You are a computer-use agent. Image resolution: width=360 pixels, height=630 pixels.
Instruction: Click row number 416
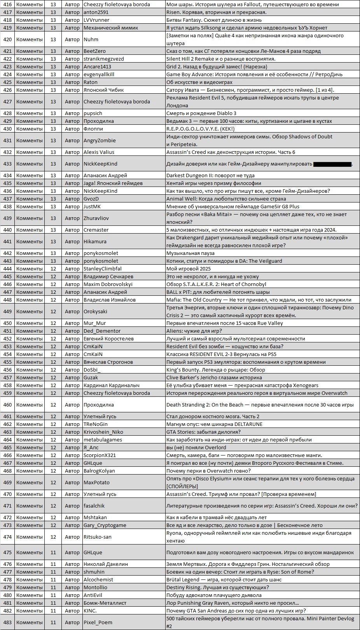pyautogui.click(x=7, y=4)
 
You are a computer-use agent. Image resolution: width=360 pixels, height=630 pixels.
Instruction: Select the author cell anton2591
pyautogui.click(x=96, y=12)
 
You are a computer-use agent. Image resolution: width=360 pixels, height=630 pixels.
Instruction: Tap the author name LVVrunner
pyautogui.click(x=96, y=20)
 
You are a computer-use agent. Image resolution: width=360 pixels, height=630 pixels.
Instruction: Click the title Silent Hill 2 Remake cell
pyautogui.click(x=220, y=59)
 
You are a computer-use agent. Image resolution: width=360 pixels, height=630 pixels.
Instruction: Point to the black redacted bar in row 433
pyautogui.click(x=332, y=164)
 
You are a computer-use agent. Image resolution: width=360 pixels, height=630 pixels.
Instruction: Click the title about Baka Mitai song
pyautogui.click(x=256, y=218)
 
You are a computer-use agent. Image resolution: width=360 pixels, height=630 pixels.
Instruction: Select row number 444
pyautogui.click(x=7, y=269)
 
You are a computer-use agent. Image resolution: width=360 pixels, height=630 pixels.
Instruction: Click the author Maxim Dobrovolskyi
pyautogui.click(x=108, y=284)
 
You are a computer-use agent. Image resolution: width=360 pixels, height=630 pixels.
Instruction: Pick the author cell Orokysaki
pyautogui.click(x=95, y=311)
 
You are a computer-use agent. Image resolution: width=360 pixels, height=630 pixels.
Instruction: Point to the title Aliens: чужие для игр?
pyautogui.click(x=194, y=331)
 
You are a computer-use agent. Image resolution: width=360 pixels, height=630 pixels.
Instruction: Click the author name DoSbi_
pyautogui.click(x=92, y=370)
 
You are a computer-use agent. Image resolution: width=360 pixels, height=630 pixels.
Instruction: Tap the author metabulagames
pyautogui.click(x=103, y=440)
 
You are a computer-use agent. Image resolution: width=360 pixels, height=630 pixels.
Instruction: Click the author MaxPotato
pyautogui.click(x=96, y=482)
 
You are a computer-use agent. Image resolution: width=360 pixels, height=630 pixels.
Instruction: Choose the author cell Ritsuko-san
pyautogui.click(x=98, y=537)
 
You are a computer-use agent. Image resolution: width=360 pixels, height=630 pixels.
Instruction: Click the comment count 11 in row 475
pyautogui.click(x=53, y=552)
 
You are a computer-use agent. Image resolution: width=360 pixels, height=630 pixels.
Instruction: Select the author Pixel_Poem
pyautogui.click(x=98, y=622)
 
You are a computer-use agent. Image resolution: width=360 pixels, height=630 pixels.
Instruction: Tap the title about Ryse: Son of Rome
pyautogui.click(x=240, y=572)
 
